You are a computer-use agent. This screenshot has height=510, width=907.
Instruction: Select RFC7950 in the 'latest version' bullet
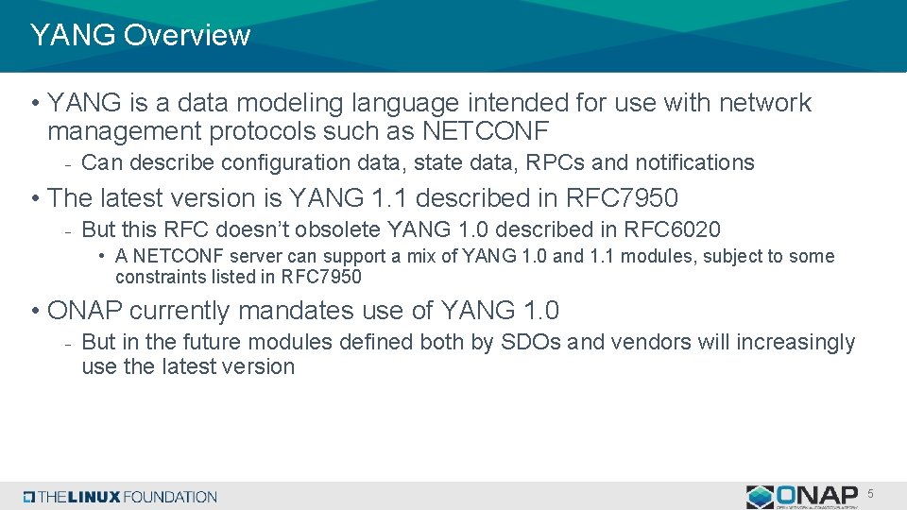click(622, 198)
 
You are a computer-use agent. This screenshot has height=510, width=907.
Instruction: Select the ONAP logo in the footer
click(802, 496)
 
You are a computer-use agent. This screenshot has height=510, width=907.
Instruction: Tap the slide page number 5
click(870, 494)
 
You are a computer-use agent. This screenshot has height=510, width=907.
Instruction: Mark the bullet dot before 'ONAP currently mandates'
click(34, 311)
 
